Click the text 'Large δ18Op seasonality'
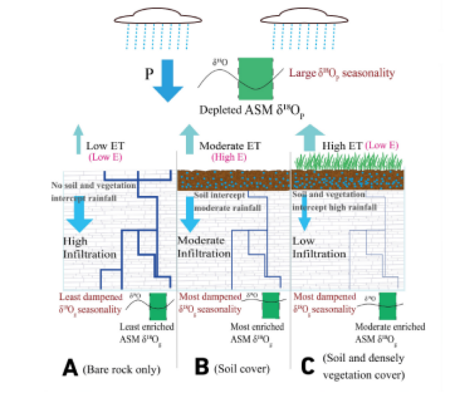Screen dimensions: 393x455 (341, 74)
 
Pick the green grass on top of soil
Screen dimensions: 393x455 (347, 161)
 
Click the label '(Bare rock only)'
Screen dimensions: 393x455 (121, 369)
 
